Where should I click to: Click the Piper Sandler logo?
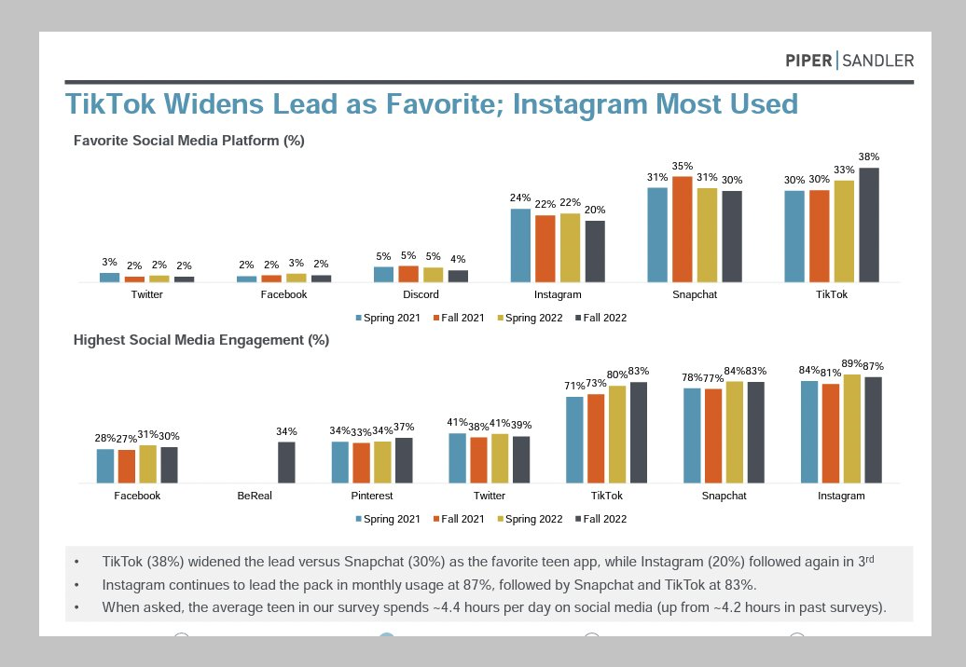[849, 61]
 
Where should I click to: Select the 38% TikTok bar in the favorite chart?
[869, 225]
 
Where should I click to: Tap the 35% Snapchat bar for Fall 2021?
[683, 228]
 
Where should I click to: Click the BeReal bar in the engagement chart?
[286, 462]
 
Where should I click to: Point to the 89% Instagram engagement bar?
[852, 429]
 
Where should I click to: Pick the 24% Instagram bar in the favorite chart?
[520, 245]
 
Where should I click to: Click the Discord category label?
[421, 294]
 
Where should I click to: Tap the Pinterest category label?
[372, 496]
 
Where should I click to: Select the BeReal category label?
[255, 496]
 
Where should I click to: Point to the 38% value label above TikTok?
[869, 157]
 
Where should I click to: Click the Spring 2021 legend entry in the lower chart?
[390, 519]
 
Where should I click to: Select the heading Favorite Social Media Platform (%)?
[189, 142]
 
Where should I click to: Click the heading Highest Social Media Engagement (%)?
[201, 340]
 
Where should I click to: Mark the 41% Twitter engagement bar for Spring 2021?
[457, 457]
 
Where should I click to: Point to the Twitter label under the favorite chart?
[147, 294]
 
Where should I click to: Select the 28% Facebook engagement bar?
[105, 466]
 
